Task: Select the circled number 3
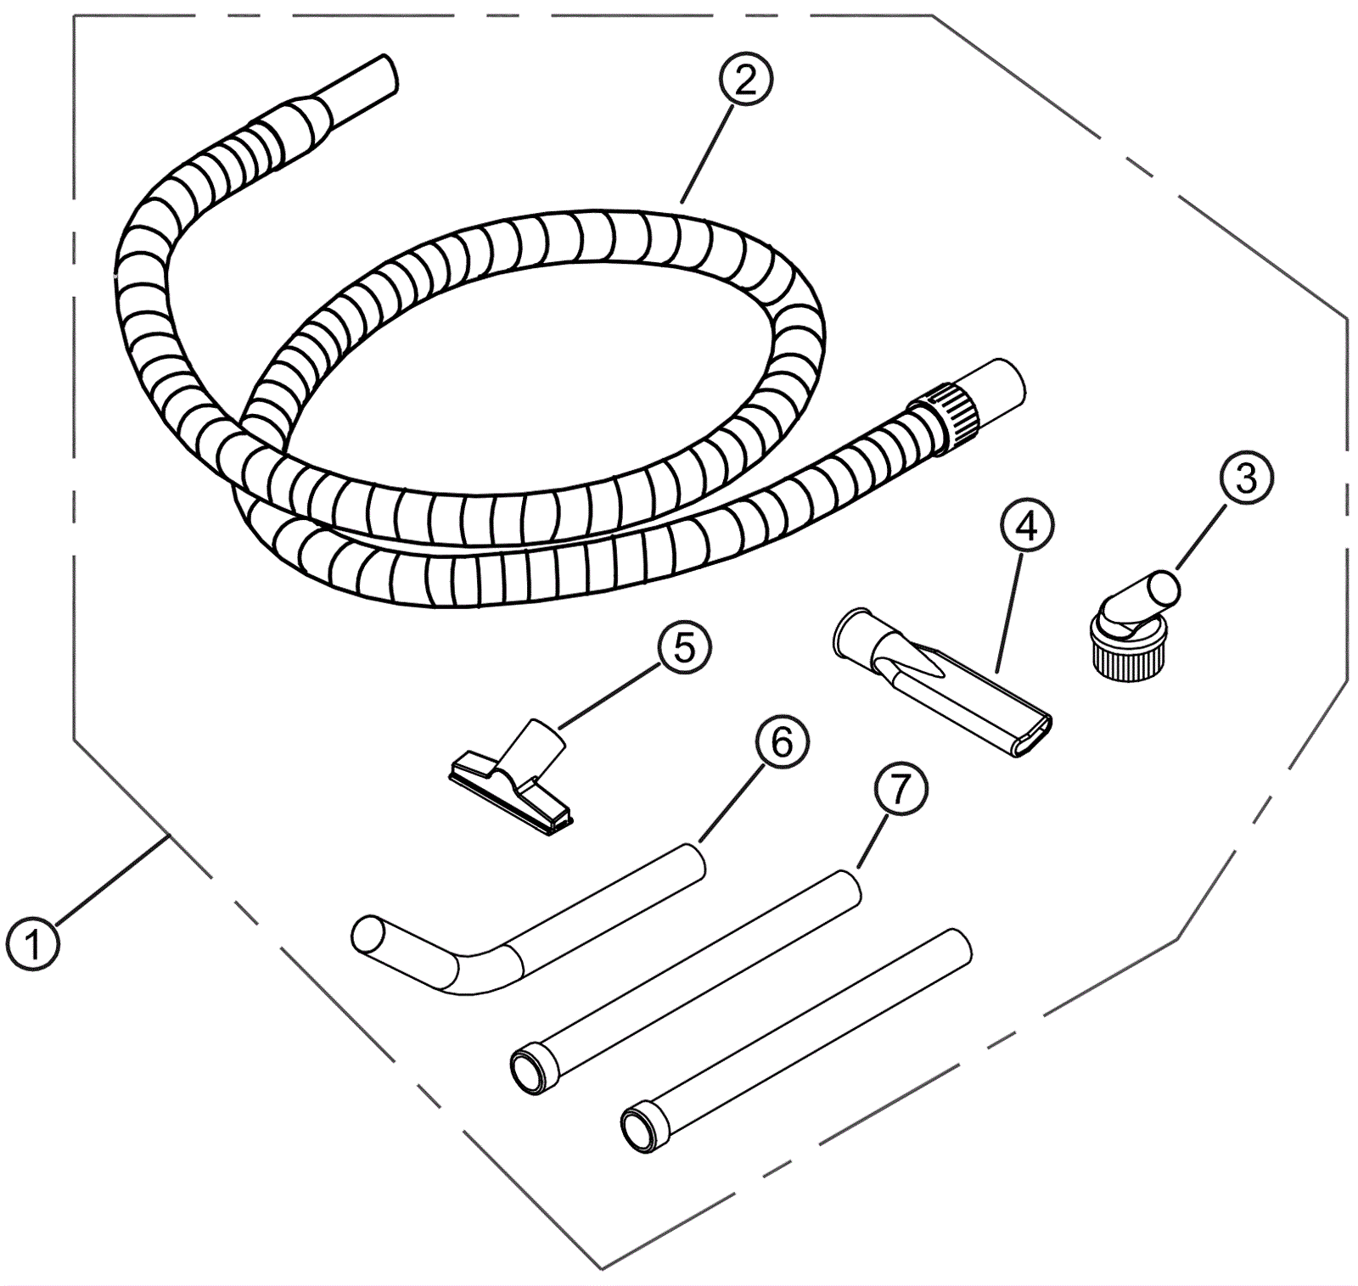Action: pyautogui.click(x=1246, y=478)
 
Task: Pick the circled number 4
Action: pyautogui.click(x=1026, y=527)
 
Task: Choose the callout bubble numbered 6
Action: pyautogui.click(x=781, y=743)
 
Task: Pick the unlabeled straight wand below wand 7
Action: pyautogui.click(x=795, y=1040)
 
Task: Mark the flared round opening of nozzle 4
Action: pyautogui.click(x=850, y=632)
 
